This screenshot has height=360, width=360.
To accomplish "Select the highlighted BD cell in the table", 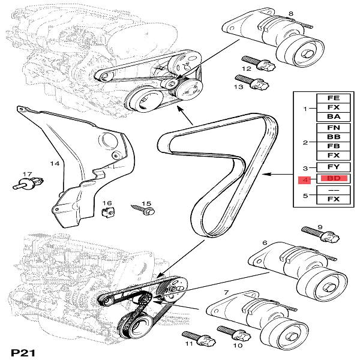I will (334, 179).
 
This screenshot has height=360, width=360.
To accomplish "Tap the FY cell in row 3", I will (334, 167).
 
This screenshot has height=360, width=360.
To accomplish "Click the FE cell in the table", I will (334, 97).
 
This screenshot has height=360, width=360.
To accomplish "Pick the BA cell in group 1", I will (334, 117).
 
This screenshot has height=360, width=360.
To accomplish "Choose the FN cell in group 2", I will (334, 127).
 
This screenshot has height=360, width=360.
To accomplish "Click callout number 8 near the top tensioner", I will (291, 14).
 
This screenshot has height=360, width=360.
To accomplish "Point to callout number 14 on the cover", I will (55, 163).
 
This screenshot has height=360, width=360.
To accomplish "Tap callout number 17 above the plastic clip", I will (26, 175).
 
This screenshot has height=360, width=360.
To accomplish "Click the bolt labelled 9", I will (314, 233).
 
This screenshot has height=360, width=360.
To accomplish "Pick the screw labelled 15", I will (145, 209).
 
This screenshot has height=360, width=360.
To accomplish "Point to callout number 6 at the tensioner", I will (265, 243).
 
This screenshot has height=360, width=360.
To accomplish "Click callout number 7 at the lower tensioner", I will (226, 292).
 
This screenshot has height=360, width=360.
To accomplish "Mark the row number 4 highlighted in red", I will (305, 179).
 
